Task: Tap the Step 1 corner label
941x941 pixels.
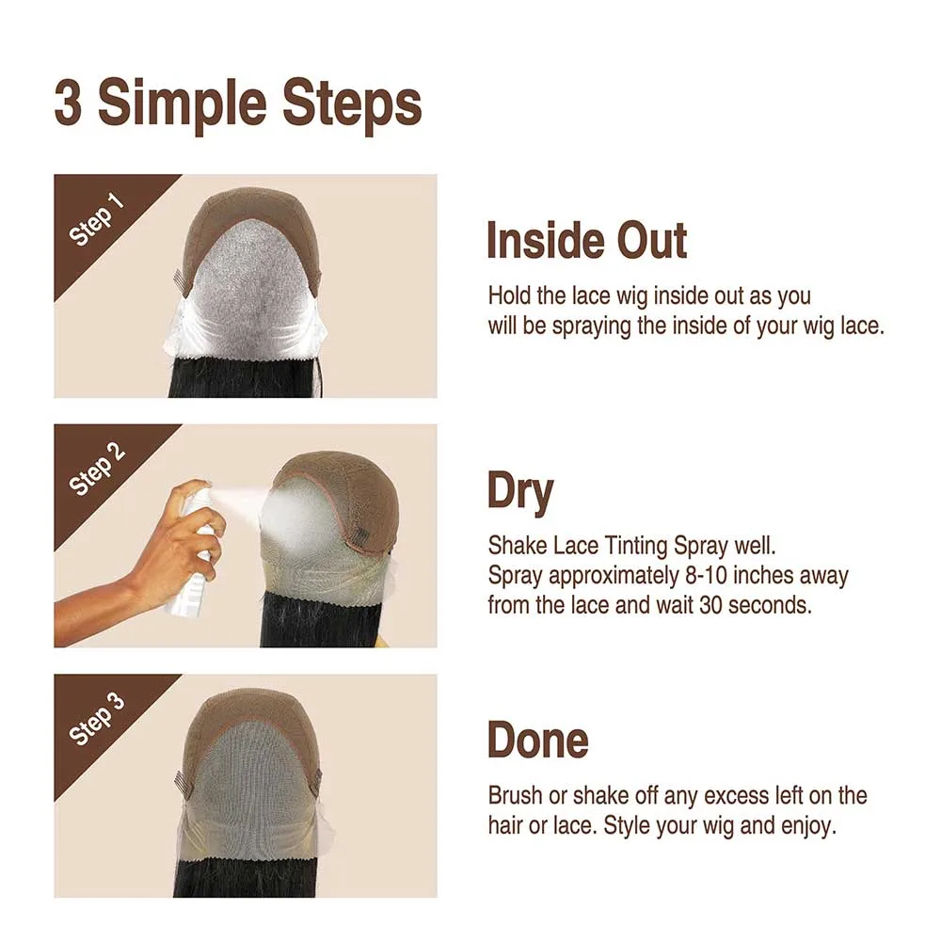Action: (x=97, y=222)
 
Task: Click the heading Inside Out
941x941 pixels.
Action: (x=586, y=241)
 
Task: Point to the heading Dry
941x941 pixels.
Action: (x=520, y=492)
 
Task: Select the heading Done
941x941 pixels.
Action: (x=537, y=741)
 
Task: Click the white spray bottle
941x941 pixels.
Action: (x=193, y=555)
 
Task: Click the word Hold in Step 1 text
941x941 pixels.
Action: (x=510, y=295)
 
